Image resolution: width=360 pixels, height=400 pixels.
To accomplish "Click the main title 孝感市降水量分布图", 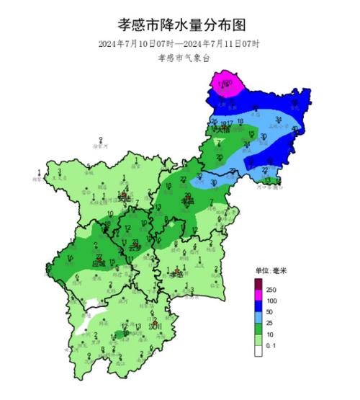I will pos(181,25).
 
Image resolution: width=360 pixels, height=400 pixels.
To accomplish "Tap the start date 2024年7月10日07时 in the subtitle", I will pos(138,44).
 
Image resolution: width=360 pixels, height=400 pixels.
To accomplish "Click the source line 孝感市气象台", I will pos(181,59).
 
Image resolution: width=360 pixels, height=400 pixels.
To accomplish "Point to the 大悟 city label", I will pos(220,130).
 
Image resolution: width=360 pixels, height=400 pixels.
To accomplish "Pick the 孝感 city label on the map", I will pos(176,274).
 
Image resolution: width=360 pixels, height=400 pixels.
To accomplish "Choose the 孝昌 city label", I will pos(189,203).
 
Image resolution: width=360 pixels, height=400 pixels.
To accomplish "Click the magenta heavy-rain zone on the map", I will pos(227,85).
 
